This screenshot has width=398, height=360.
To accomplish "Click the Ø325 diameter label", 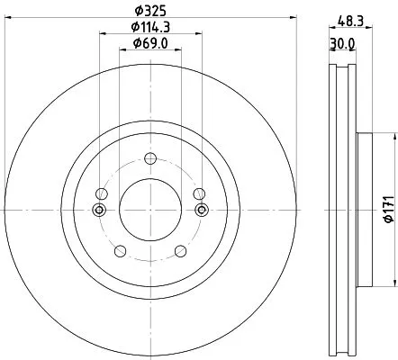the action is click(150, 12).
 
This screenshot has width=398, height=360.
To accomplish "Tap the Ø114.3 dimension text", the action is click(150, 27).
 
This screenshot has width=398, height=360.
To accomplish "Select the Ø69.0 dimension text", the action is click(150, 43).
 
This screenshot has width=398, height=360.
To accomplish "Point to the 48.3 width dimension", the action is click(350, 22).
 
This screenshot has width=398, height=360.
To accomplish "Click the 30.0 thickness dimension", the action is click(342, 44).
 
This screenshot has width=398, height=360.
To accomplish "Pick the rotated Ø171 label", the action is click(389, 210).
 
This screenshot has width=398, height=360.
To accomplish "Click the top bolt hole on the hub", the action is click(150, 158).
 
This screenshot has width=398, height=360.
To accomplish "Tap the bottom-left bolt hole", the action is click(121, 251).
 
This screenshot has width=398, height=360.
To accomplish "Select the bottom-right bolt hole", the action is click(180, 251).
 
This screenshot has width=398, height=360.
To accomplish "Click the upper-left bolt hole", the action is click(102, 193).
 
